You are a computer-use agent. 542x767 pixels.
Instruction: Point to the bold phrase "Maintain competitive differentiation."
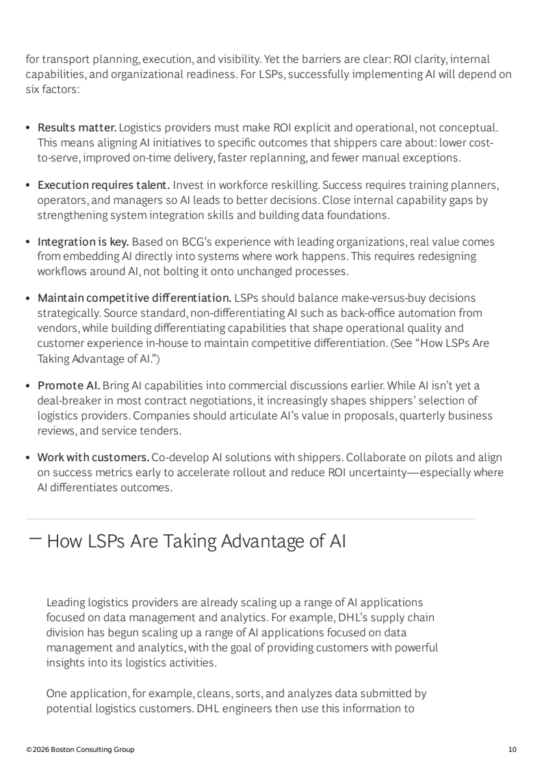pyautogui.click(x=134, y=298)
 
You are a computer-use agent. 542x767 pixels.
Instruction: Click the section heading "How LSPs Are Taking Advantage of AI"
pyautogui.click(x=196, y=542)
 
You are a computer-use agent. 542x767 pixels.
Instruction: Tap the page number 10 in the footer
pyautogui.click(x=513, y=750)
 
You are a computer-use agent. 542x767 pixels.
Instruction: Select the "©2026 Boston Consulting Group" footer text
pyautogui.click(x=80, y=750)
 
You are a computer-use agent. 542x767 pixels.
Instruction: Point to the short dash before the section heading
pyautogui.click(x=36, y=539)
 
